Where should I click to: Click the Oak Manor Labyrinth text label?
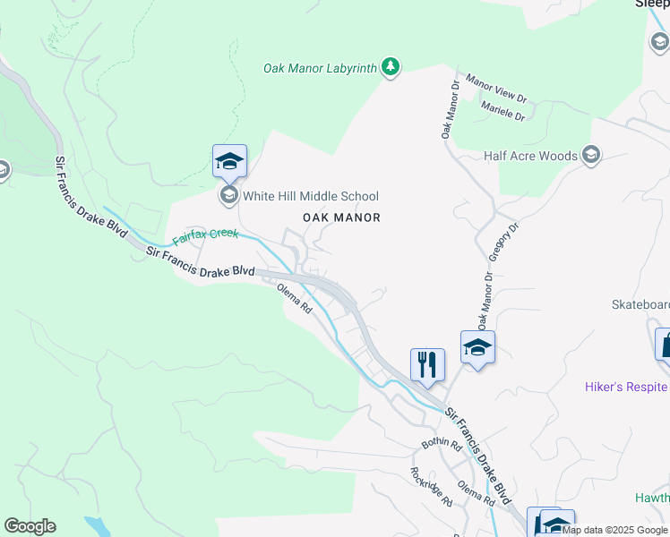pos(319,68)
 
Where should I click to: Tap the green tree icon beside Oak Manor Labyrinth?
pos(391,66)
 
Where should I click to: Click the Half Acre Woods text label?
pos(530,156)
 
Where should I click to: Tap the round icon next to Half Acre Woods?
pos(590,156)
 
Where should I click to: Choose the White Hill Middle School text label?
pos(311,196)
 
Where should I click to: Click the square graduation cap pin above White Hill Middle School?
pos(228,161)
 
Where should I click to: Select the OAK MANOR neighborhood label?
pos(341,217)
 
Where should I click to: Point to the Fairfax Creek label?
pos(206,237)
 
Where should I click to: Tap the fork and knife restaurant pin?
pos(427,364)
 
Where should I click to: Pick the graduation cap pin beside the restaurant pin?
pos(477,347)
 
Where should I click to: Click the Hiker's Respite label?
pos(625,387)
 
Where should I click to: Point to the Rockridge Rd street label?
pos(431,487)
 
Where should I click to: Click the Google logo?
pos(30,526)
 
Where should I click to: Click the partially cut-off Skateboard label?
pos(640,304)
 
